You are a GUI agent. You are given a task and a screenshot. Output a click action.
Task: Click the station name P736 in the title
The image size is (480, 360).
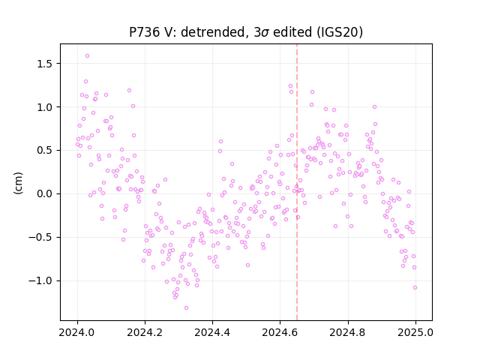pos(144,32)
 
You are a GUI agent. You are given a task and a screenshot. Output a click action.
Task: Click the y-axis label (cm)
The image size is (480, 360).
pos(18,183)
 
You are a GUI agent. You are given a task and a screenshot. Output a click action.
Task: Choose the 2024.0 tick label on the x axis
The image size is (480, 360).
pos(77,332)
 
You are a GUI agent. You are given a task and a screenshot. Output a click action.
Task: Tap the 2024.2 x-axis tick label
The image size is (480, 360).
pos(145,332)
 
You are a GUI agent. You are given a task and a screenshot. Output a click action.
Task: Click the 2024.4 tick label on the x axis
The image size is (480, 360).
pos(212,332)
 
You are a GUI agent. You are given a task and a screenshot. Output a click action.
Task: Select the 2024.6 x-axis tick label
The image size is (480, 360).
pos(280,332)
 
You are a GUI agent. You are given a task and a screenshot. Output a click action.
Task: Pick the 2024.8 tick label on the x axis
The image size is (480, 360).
pos(348,332)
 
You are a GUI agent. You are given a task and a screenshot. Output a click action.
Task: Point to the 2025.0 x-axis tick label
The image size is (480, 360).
pos(415,332)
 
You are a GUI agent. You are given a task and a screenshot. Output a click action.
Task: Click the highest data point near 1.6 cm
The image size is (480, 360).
pos(87,56)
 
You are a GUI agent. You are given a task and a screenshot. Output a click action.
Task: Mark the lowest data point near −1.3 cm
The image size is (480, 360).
pos(186,308)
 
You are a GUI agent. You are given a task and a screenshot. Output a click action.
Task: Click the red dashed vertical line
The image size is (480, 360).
pos(297,182)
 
